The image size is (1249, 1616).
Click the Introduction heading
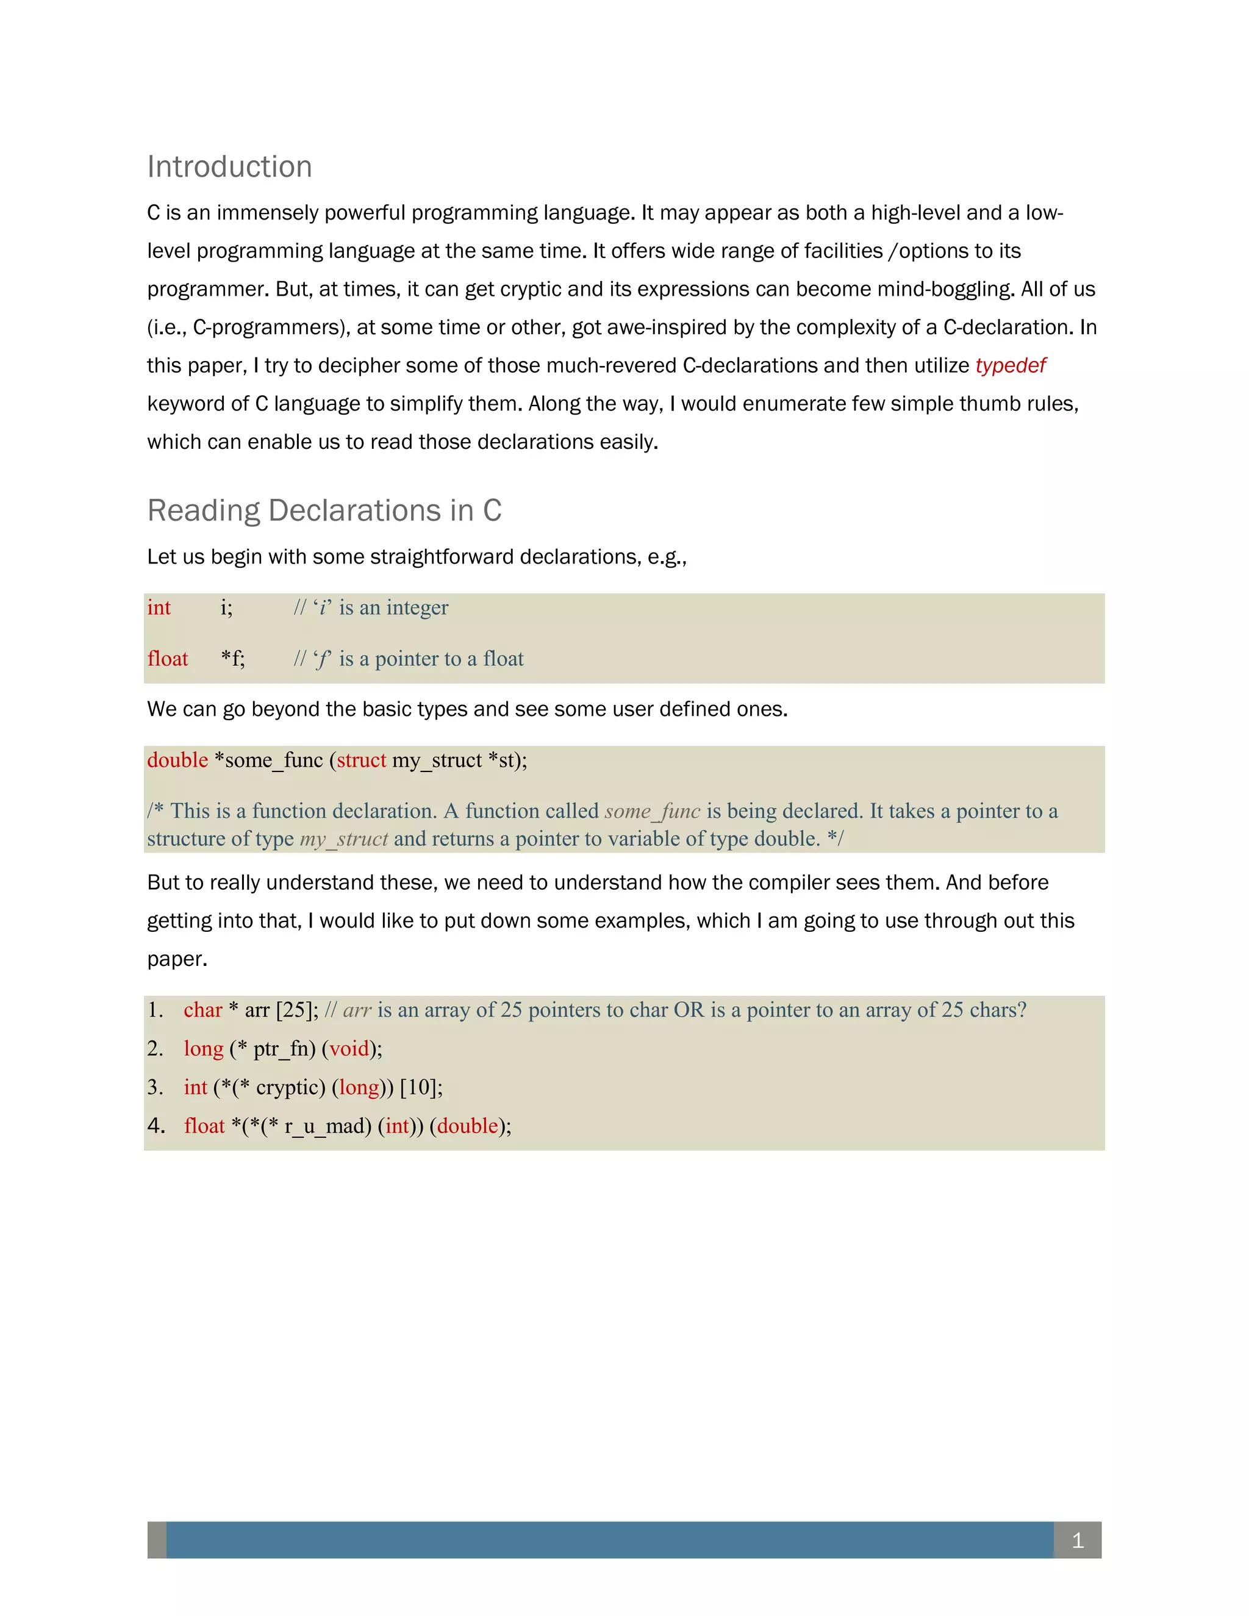(x=229, y=166)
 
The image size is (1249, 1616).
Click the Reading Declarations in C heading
(x=324, y=510)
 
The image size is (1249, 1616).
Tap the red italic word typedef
(x=1010, y=365)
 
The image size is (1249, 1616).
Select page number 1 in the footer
(x=1078, y=1540)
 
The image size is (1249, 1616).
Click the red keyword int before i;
(x=159, y=607)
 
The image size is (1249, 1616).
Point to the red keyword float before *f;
(x=167, y=659)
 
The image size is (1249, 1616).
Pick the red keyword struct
(x=361, y=760)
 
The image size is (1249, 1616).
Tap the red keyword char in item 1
(x=202, y=1010)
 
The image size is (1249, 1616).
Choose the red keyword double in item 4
(x=468, y=1126)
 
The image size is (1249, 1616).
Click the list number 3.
(x=155, y=1087)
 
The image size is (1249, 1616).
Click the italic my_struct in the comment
(x=343, y=839)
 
